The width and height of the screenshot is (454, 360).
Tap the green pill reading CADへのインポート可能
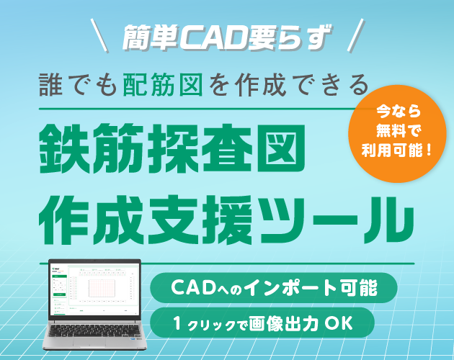[x=274, y=287]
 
